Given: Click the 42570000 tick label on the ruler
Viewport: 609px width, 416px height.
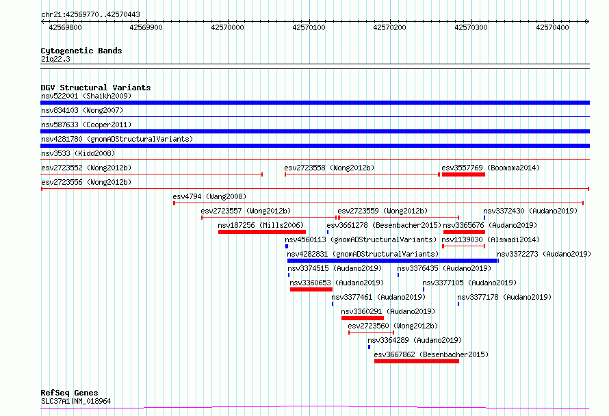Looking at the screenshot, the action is point(227,27).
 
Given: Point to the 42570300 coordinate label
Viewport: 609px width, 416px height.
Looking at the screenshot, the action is point(471,27).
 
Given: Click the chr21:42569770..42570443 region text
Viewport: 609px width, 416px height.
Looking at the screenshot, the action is point(90,15).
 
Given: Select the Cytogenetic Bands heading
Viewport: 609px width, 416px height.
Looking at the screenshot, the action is point(81,51).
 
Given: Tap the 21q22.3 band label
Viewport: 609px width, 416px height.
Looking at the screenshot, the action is point(55,59).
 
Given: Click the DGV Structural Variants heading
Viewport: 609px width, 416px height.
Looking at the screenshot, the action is point(96,88).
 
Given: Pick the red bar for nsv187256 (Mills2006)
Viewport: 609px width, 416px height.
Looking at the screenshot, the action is point(262,232).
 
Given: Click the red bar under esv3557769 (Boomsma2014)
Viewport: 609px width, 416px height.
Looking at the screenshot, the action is point(463,174).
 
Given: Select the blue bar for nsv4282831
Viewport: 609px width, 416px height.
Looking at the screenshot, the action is point(392,261).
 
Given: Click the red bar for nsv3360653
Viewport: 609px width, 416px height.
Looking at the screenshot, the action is point(311,289).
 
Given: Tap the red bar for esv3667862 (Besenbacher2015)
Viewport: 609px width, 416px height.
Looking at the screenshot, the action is point(416,361).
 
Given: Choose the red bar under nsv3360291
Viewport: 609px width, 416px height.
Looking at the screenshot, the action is point(363,318).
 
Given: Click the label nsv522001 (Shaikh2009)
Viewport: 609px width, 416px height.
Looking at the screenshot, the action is point(86,96).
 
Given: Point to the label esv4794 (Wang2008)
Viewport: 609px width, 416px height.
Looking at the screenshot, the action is point(209,196).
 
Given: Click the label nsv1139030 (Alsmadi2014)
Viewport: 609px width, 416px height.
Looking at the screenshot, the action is point(491,239).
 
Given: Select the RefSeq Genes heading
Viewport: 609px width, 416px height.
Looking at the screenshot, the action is point(69,393).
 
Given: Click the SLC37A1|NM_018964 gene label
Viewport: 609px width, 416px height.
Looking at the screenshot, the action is point(76,401).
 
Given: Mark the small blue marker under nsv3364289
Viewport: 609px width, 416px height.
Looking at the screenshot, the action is point(369,347).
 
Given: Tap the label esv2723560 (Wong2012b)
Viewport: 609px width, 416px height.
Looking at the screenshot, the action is point(393,326).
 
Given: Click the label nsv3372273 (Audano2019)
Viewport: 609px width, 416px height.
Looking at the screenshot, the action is point(544,254).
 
